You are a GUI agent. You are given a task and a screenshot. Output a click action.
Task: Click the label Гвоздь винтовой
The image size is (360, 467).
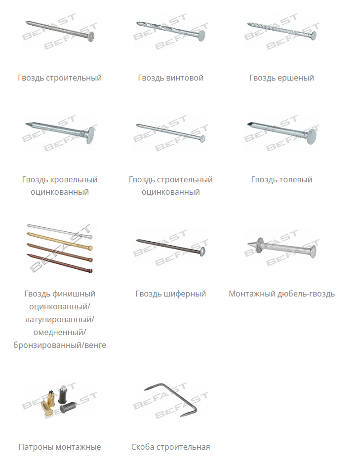pos(170,78)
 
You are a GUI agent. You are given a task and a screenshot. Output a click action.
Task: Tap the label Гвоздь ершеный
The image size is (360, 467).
pos(281,78)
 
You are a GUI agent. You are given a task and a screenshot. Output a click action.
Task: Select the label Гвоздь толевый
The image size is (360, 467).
pos(281,179)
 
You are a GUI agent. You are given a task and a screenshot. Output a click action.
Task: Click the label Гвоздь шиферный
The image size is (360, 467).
pos(170,294)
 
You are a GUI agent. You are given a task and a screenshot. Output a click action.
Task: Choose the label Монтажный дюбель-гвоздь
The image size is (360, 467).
pos(281,294)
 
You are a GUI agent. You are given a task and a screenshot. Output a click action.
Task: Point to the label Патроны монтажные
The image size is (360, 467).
pos(59,447)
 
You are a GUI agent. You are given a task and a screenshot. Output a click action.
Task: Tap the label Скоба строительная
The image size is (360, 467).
pos(170,447)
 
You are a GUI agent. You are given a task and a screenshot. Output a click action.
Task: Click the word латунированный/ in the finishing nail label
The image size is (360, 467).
pos(59,319)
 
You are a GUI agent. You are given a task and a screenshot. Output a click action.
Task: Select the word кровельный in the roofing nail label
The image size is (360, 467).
pos(74,179)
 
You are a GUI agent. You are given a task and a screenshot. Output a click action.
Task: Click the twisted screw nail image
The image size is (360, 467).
pos(171,31)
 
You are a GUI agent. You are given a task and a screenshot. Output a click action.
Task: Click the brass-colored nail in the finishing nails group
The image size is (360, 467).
pos(59,241)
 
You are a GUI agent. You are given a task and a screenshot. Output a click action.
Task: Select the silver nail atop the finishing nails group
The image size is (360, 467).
pos(59,231)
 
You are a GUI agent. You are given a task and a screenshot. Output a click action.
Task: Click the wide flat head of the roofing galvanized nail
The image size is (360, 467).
pos(91,135)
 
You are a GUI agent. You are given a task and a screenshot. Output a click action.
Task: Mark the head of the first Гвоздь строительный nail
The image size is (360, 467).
pos(91,37)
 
